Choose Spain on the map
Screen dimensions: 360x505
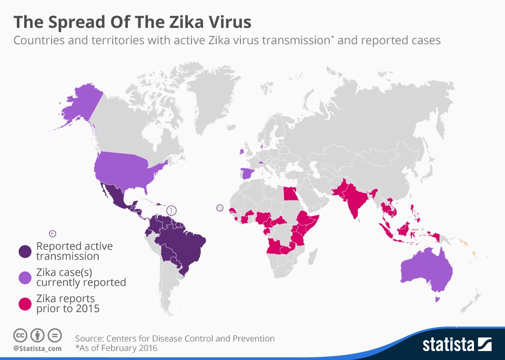click(x=247, y=174)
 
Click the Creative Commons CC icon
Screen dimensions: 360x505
click(x=20, y=335)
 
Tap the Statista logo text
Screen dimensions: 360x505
click(x=448, y=345)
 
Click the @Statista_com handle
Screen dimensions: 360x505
click(x=37, y=348)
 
